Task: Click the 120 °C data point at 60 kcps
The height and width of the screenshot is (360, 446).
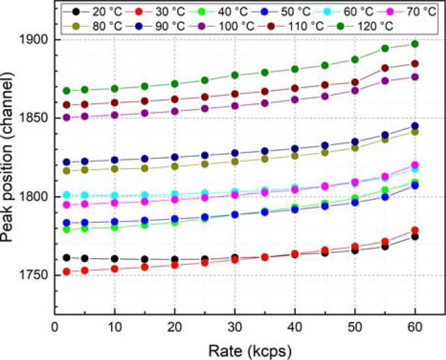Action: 414,44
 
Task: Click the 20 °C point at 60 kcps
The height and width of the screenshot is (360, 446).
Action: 414,237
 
